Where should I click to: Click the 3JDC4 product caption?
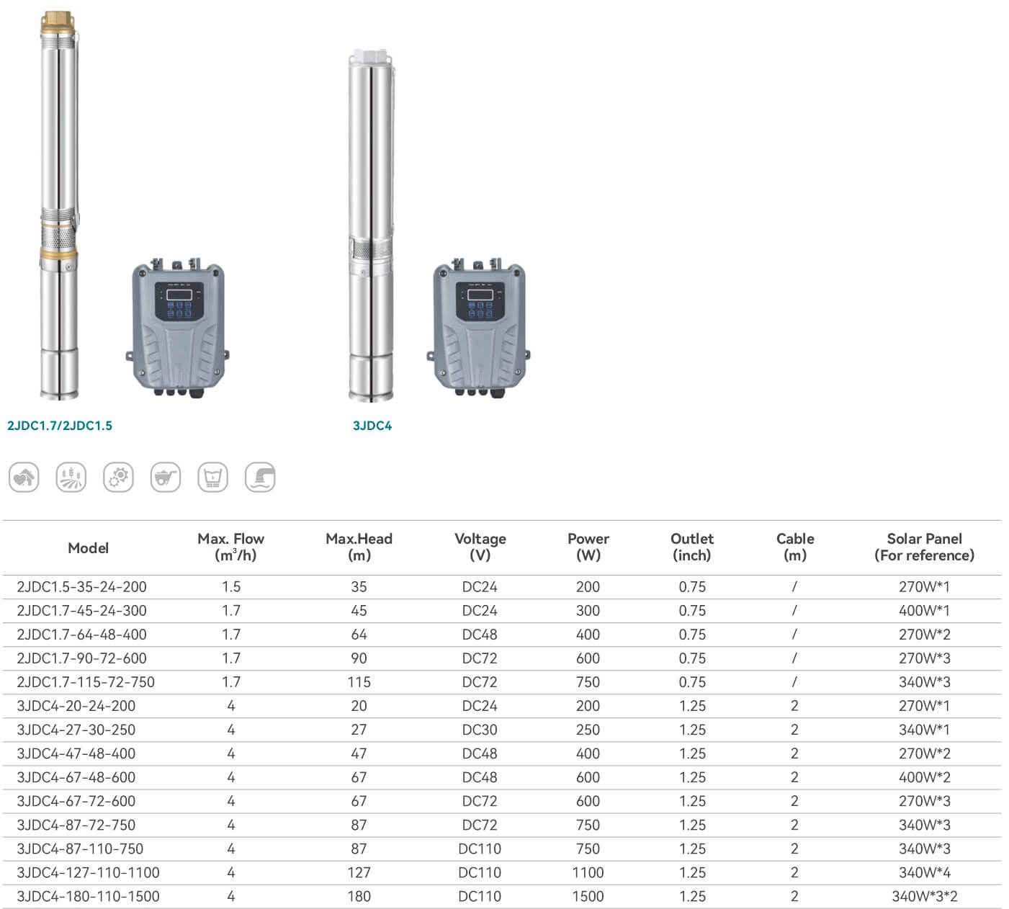coord(372,426)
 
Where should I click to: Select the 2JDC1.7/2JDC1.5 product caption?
coord(60,426)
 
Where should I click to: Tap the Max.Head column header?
coord(359,547)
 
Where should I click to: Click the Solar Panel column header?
coord(924,547)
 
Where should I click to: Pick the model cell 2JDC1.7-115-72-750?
coord(86,682)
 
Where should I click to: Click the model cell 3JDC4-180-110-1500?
coord(88,897)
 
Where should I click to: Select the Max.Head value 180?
coord(359,897)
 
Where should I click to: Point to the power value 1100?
coord(588,873)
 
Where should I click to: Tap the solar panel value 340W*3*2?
coord(925,897)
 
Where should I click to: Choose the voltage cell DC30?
coord(480,730)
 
